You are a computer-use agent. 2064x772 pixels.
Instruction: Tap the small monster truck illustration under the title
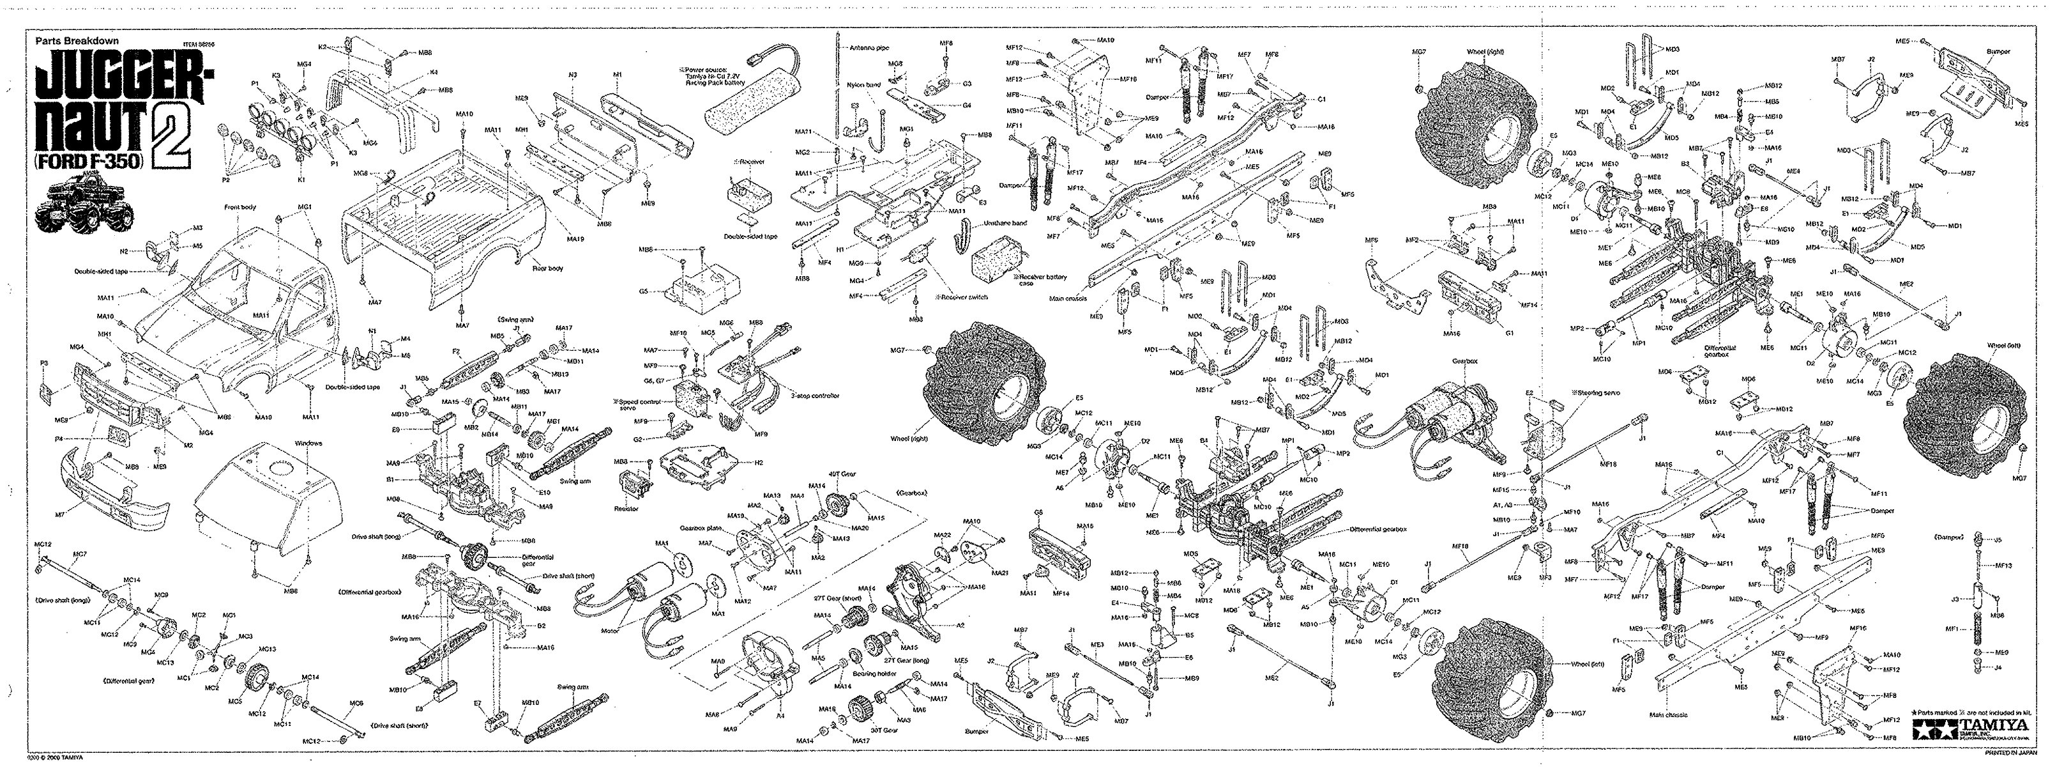tap(82, 205)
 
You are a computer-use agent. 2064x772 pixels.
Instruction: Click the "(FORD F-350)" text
tap(89, 160)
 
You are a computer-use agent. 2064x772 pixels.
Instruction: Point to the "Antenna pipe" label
tap(869, 48)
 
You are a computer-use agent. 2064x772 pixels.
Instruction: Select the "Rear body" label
tap(547, 268)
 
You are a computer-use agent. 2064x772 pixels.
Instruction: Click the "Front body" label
tap(240, 208)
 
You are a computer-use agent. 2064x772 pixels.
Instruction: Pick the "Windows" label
tap(308, 442)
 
